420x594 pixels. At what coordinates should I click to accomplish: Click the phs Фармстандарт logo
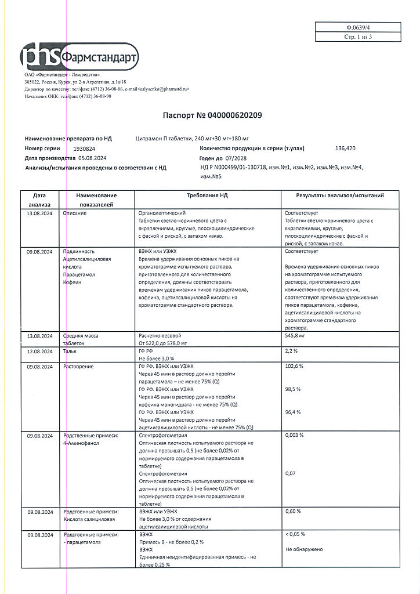pyautogui.click(x=79, y=57)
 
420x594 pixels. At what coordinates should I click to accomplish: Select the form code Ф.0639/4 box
pyautogui.click(x=357, y=27)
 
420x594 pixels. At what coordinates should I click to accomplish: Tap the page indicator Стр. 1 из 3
pyautogui.click(x=357, y=37)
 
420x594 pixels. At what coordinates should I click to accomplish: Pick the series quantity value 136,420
pyautogui.click(x=346, y=148)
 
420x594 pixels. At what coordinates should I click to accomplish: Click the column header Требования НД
pyautogui.click(x=207, y=196)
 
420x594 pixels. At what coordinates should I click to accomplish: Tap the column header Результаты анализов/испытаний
pyautogui.click(x=339, y=196)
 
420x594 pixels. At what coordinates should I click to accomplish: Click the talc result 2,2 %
pyautogui.click(x=292, y=352)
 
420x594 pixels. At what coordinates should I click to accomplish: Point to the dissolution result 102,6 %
pyautogui.click(x=295, y=367)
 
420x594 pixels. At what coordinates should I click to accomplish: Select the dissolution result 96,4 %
pyautogui.click(x=294, y=412)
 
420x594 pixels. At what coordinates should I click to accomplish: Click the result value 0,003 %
pyautogui.click(x=295, y=435)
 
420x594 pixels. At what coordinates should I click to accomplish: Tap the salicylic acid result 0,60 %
pyautogui.click(x=294, y=511)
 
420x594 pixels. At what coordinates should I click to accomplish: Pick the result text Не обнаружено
pyautogui.click(x=304, y=549)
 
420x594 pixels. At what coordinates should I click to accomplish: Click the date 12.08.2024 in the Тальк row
pyautogui.click(x=40, y=352)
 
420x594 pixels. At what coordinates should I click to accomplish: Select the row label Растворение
pyautogui.click(x=79, y=367)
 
